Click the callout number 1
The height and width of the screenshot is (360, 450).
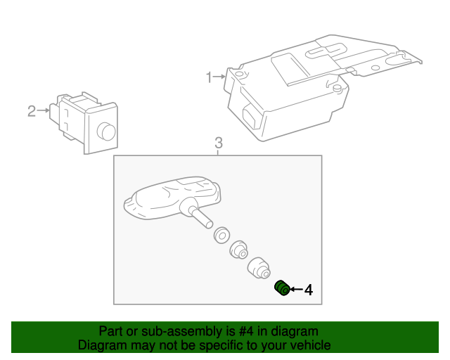click(x=209, y=76)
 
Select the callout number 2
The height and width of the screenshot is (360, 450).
click(x=32, y=110)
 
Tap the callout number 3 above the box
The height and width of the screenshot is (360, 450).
click(x=218, y=143)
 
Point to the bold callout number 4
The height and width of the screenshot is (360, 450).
click(x=308, y=289)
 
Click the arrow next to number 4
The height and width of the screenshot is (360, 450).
click(x=296, y=289)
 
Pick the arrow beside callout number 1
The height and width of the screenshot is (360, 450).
click(x=220, y=76)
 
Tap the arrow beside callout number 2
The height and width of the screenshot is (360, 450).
click(x=44, y=110)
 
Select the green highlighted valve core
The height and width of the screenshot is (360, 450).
click(x=282, y=288)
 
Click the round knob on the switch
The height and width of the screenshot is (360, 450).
click(x=106, y=131)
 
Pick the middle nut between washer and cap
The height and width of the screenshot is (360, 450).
click(x=239, y=249)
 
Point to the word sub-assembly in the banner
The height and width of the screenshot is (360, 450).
click(x=161, y=331)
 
